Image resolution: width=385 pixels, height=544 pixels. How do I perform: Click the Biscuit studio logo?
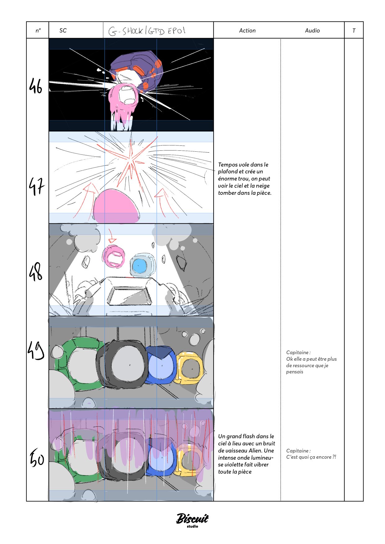tap(192, 519)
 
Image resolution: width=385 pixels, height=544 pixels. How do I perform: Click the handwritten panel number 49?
tap(36, 350)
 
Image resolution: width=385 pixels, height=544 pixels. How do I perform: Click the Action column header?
tap(247, 30)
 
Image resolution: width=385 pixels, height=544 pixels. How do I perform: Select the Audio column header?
tap(312, 30)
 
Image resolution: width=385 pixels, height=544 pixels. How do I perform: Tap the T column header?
tap(354, 30)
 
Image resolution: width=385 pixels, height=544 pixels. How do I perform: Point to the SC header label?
tap(63, 30)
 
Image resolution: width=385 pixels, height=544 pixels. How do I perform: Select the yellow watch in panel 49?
tap(189, 368)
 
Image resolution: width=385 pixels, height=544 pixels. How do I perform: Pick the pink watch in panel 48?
tap(114, 256)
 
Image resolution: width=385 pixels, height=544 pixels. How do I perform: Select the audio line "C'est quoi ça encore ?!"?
tap(311, 457)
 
